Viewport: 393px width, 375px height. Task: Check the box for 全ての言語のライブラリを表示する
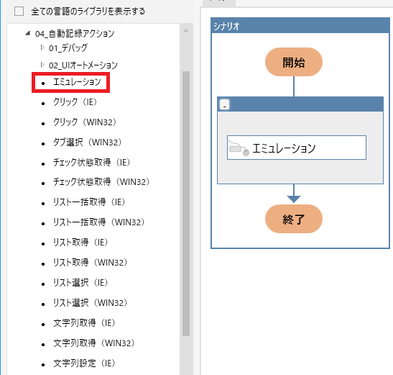19,12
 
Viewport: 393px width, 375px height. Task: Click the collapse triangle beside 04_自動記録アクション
28,33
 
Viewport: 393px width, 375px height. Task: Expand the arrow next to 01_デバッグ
42,48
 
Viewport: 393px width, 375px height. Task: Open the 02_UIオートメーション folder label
83,65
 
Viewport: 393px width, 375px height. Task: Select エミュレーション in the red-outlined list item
77,82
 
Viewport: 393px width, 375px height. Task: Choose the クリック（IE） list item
75,102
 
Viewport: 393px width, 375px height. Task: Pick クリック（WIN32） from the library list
85,122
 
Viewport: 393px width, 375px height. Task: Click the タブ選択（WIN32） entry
87,143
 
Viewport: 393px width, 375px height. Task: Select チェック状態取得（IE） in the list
91,162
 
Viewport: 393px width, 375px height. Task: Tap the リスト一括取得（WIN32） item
98,222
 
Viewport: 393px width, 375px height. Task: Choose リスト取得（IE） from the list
80,242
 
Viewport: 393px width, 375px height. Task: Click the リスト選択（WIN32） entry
91,302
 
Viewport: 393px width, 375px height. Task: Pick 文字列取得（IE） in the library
84,322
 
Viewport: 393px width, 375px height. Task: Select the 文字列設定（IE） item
84,363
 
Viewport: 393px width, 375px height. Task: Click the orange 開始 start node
294,62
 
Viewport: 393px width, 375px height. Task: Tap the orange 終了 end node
294,219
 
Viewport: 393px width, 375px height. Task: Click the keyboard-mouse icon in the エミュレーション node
239,148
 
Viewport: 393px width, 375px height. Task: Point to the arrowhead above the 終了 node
294,199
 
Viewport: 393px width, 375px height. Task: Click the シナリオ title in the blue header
226,26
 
